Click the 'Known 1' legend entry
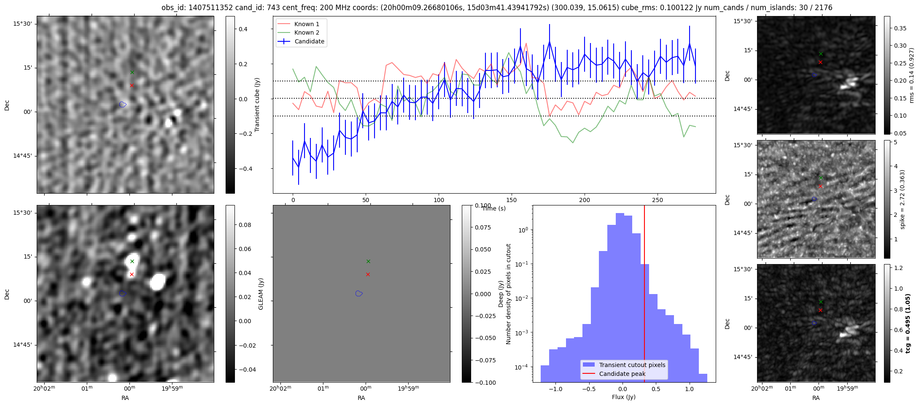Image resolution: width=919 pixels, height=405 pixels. point(306,24)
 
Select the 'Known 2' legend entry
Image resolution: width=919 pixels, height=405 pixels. point(306,32)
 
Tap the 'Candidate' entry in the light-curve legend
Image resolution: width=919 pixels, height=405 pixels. point(309,41)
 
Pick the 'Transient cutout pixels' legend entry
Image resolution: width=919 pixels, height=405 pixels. point(632,365)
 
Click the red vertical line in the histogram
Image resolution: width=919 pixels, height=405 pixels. point(644,295)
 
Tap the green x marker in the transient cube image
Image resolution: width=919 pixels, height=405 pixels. point(132,72)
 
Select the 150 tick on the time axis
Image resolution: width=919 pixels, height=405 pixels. point(512,200)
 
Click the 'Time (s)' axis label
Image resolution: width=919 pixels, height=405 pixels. point(493,208)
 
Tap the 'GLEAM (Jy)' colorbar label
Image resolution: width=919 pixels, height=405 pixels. point(261,294)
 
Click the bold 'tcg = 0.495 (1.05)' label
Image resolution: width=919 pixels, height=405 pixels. point(908,323)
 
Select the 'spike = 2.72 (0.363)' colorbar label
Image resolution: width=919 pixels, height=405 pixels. point(903,199)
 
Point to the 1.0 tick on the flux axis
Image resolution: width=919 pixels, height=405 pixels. point(689,389)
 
